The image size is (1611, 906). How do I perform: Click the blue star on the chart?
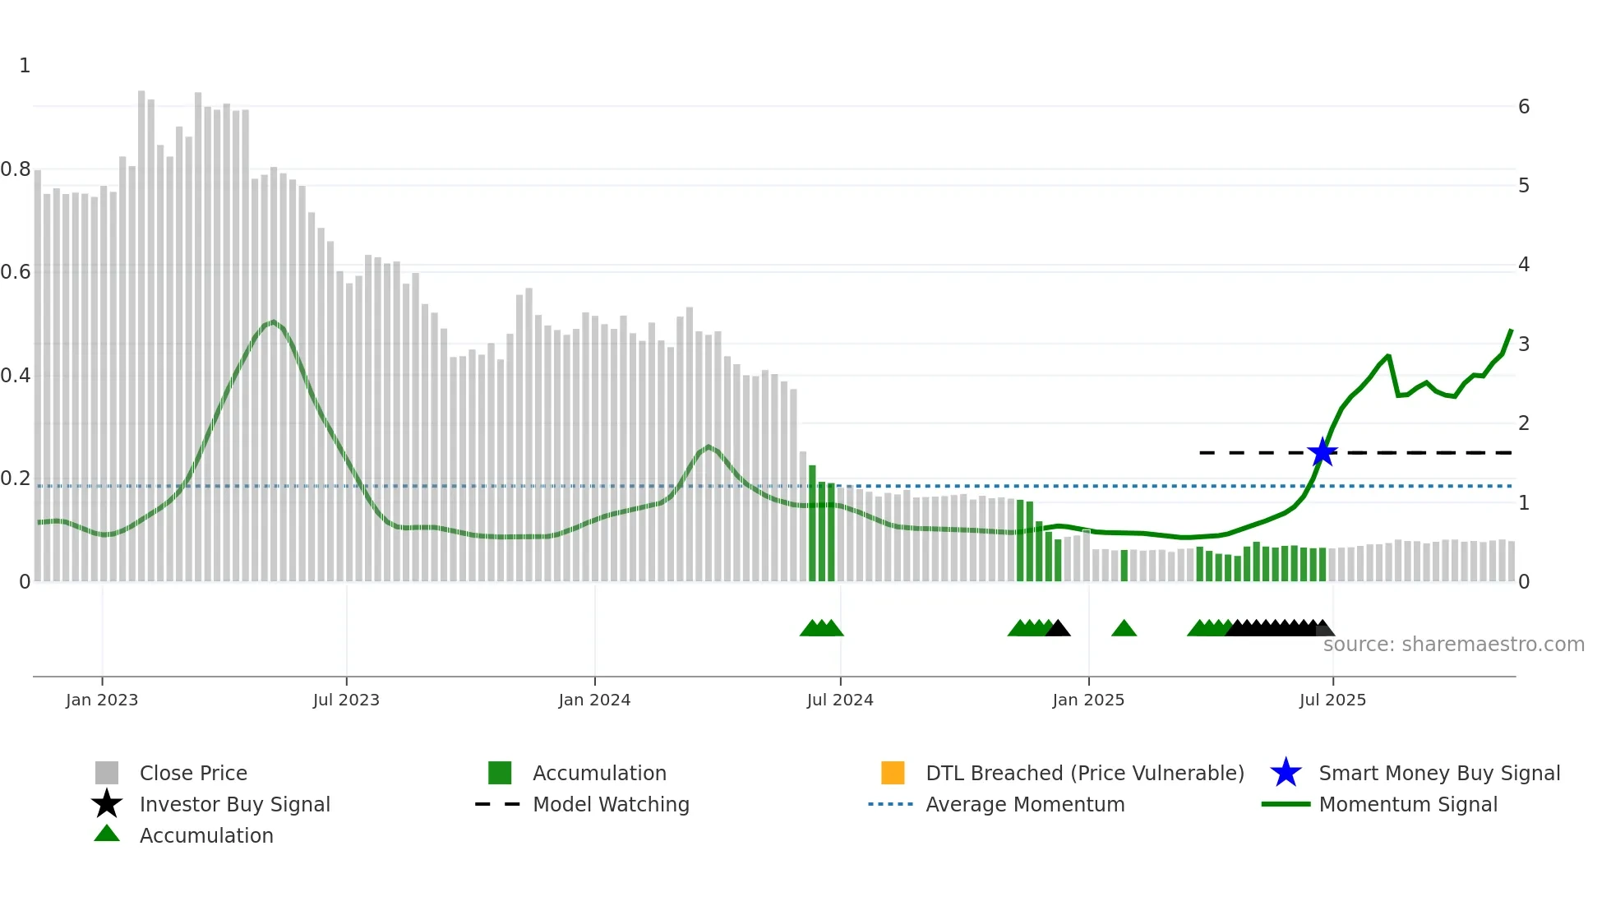1322,452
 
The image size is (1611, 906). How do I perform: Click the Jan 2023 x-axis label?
102,700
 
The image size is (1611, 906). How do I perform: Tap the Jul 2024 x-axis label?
840,700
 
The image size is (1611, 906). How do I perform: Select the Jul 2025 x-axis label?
1332,700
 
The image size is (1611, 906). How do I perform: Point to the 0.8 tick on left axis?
16,169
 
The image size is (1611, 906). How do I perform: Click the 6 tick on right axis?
1524,107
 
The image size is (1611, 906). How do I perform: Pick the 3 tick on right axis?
1524,344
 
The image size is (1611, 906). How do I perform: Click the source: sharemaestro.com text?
1453,645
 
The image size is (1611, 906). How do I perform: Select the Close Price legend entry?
193,773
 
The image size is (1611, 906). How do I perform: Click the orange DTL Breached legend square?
893,773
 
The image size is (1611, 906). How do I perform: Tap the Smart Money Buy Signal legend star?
1286,773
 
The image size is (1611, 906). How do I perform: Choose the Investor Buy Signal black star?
107,804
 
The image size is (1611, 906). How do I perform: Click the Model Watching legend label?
611,804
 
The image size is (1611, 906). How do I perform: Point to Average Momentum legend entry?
1025,804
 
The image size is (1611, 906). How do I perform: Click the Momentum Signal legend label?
1408,804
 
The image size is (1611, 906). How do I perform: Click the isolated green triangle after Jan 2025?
1124,629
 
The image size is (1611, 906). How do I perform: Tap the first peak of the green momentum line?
273,321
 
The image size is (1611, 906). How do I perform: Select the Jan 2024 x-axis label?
594,700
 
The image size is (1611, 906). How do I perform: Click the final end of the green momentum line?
1511,331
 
